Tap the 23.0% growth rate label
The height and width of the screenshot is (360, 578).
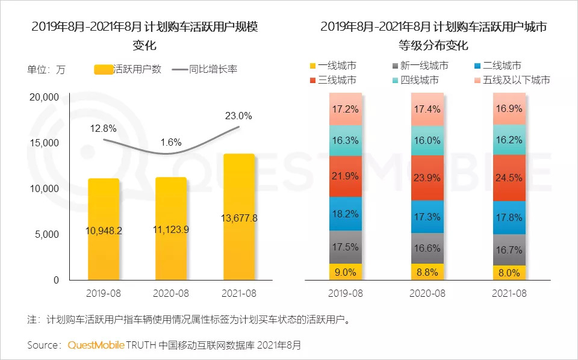tap(238, 116)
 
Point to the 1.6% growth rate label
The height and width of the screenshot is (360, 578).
tap(171, 142)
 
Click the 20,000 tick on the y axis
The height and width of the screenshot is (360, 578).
tap(43, 97)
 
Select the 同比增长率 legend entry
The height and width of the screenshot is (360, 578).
tap(205, 69)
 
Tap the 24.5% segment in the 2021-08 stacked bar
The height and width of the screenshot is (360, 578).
tap(509, 178)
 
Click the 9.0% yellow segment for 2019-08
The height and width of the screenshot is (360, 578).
tap(346, 272)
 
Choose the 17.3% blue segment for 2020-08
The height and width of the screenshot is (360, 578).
tap(427, 214)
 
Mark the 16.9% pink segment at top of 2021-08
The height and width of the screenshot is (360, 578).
tap(509, 109)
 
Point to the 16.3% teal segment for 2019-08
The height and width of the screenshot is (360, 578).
tap(346, 141)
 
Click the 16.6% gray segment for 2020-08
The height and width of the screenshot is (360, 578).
tap(427, 248)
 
